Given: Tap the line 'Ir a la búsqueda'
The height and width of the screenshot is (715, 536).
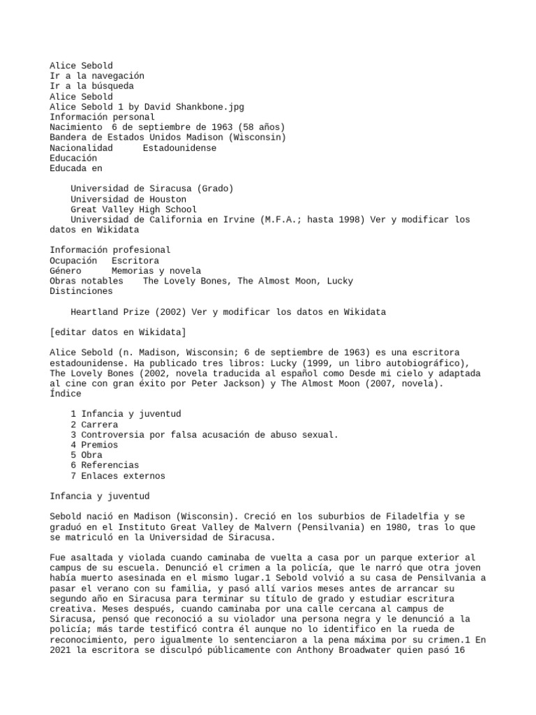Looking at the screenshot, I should click(x=91, y=86).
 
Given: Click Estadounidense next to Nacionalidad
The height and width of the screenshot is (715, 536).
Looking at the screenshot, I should click(x=179, y=148).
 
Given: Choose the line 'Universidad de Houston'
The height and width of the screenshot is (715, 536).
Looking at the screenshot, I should click(x=128, y=199).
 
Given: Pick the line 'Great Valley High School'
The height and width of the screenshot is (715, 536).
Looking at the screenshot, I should click(x=133, y=209).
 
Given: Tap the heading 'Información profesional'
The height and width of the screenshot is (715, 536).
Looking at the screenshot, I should click(x=110, y=250).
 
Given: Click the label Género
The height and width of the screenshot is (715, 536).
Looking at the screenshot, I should click(x=65, y=271).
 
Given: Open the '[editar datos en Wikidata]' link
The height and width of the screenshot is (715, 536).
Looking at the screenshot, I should click(x=117, y=332).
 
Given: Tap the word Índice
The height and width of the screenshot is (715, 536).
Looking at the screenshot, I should click(x=65, y=394).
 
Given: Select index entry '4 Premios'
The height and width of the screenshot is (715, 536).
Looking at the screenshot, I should click(x=94, y=445).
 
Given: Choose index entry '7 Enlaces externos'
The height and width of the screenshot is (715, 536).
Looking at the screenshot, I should click(x=118, y=476).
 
